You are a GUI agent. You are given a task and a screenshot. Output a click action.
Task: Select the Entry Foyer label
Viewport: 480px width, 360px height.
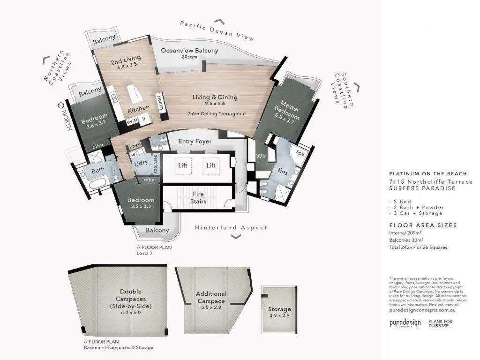(195, 141)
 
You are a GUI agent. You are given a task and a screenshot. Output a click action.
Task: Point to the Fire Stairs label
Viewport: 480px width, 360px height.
(199, 197)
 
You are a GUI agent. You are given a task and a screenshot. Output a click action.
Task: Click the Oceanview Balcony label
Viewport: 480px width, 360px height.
(189, 51)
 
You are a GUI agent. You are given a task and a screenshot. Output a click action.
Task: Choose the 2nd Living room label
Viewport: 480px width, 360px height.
(126, 61)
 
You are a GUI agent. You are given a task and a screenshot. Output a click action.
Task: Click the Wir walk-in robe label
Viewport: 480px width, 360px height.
(261, 157)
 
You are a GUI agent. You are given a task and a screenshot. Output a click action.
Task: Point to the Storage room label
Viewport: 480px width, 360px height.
(279, 309)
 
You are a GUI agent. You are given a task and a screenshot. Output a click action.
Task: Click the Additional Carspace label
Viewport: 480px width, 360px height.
(211, 297)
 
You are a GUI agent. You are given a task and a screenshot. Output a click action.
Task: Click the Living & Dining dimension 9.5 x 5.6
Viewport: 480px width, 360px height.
(215, 104)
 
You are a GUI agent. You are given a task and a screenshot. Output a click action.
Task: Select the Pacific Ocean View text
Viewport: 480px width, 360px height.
(217, 30)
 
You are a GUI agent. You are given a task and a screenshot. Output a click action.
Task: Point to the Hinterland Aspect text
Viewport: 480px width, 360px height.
(231, 228)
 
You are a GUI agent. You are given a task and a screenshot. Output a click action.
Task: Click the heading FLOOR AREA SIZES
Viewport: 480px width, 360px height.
(423, 225)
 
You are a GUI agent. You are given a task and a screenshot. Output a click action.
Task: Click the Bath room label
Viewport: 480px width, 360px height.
(98, 171)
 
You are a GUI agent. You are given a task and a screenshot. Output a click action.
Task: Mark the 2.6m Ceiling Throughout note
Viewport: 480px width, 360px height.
(217, 114)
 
